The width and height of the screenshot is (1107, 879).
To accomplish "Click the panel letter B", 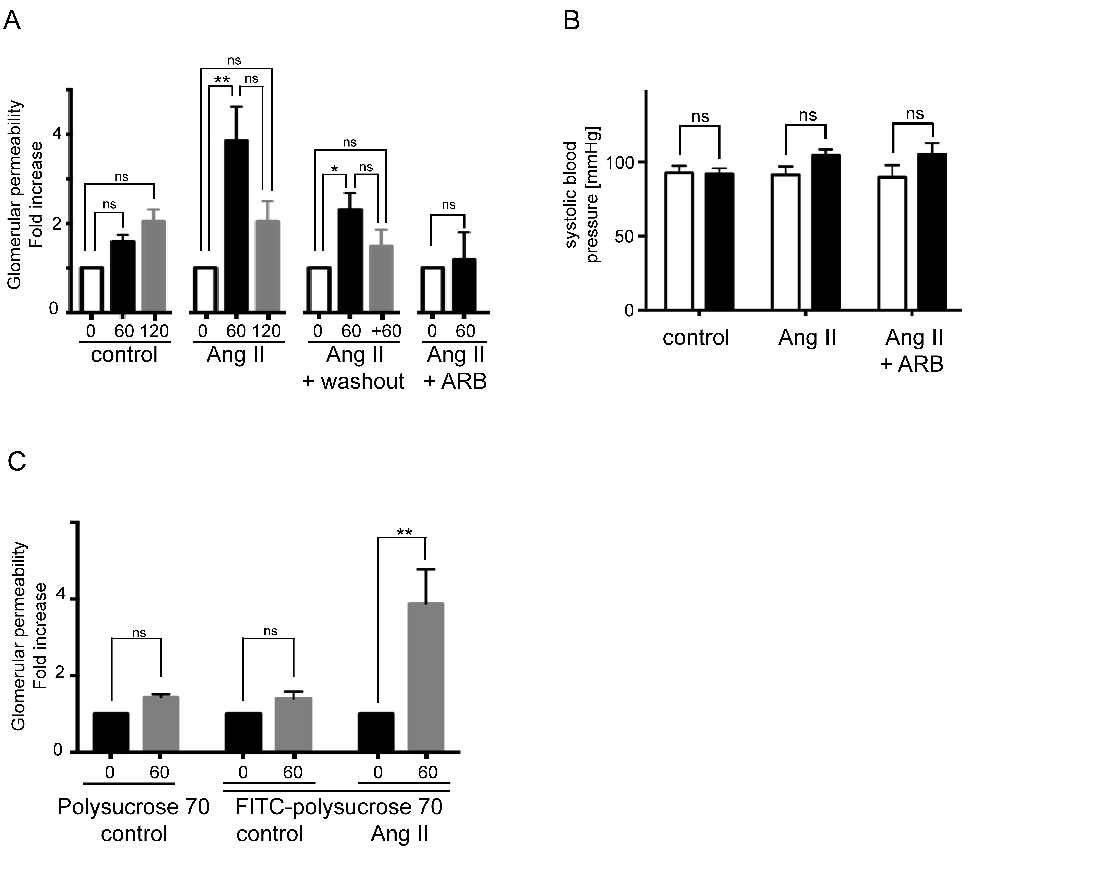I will (571, 22).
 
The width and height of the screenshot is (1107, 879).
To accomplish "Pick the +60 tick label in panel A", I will (387, 331).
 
